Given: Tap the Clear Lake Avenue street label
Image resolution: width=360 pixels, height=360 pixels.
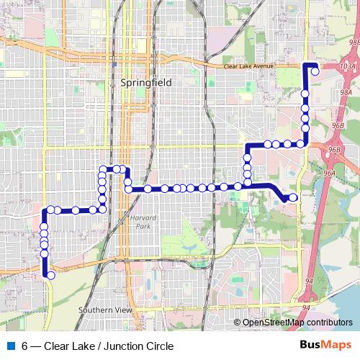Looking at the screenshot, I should pos(249,66).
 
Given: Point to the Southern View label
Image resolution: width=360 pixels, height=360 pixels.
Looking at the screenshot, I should pos(104,310).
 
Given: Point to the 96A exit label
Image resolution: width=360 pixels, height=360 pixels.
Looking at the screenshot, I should pos(329,174).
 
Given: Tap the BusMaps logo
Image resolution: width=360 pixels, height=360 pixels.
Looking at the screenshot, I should pos(325,346).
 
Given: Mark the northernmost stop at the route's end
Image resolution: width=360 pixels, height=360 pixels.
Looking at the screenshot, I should pos(315,71).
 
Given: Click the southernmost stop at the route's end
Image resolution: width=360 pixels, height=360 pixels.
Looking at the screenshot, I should pos(50,274).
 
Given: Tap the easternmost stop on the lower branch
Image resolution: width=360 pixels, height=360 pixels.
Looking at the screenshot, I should pos(293,197).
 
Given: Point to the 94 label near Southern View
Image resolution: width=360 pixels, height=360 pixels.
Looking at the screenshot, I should pos(306,307).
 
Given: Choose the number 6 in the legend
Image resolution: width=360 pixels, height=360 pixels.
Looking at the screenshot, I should pos(24,346).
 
